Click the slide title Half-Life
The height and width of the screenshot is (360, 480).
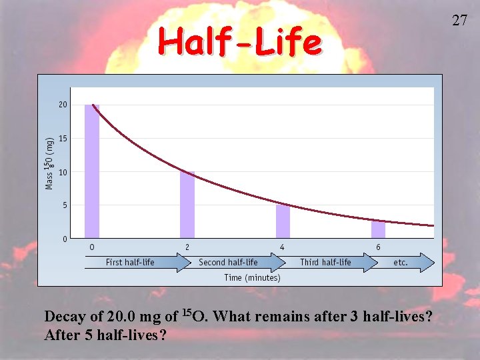(x=239, y=43)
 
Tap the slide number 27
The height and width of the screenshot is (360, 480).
(x=459, y=20)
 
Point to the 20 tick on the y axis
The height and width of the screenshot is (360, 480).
(x=63, y=105)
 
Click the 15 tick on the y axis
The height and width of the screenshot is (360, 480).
(x=63, y=139)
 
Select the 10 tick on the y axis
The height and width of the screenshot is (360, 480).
(x=63, y=172)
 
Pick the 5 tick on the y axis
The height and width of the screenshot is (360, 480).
(x=65, y=205)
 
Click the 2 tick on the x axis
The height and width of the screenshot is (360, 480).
(x=187, y=247)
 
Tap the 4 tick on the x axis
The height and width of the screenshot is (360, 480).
(x=283, y=247)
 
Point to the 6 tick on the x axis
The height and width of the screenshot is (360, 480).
(x=378, y=247)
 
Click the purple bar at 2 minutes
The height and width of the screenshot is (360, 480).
(x=187, y=205)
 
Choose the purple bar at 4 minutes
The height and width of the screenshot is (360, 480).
(x=283, y=221)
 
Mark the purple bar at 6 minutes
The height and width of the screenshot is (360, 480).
(x=378, y=229)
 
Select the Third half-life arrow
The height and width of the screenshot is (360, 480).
(x=327, y=263)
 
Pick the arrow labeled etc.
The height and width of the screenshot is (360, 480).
(x=404, y=263)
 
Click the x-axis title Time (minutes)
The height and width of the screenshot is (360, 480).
(x=252, y=277)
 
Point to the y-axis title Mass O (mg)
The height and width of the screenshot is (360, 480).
(x=49, y=163)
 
